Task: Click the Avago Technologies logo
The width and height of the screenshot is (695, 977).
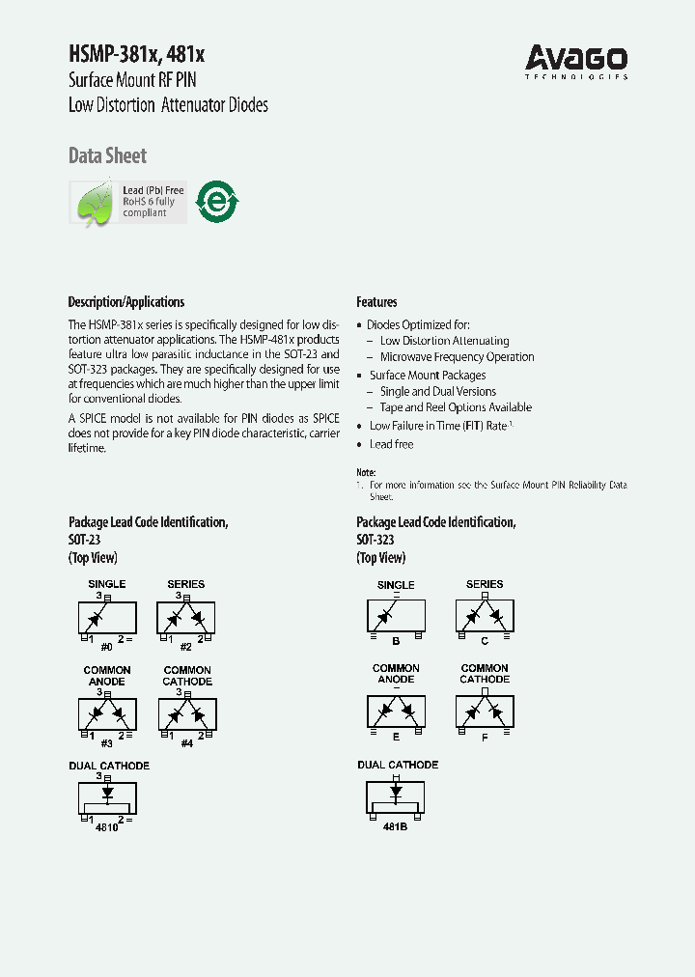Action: pyautogui.click(x=576, y=62)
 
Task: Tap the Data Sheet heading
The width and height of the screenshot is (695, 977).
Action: pyautogui.click(x=107, y=155)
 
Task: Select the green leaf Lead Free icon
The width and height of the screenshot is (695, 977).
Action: pyautogui.click(x=94, y=203)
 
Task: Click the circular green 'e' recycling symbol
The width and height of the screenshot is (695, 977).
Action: pyautogui.click(x=217, y=202)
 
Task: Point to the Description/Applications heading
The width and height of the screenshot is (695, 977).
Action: pyautogui.click(x=125, y=302)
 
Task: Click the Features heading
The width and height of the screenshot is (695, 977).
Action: pyautogui.click(x=376, y=302)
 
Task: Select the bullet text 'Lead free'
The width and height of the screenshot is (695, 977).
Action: pyautogui.click(x=391, y=444)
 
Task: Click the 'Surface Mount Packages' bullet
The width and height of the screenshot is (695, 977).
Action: pyautogui.click(x=428, y=375)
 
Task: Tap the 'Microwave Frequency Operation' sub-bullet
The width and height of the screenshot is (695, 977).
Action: pyautogui.click(x=457, y=357)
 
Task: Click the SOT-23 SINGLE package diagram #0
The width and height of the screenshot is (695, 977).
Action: pyautogui.click(x=106, y=617)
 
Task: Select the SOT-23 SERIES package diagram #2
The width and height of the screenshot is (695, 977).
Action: pyautogui.click(x=186, y=617)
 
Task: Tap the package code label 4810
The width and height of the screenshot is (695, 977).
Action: pyautogui.click(x=106, y=828)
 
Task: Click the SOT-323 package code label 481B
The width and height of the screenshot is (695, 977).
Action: pyautogui.click(x=396, y=827)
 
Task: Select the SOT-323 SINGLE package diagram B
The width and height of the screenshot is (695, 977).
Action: pyautogui.click(x=396, y=616)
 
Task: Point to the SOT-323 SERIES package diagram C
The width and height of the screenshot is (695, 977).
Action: pyautogui.click(x=485, y=615)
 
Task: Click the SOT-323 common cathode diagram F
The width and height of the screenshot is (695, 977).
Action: pyautogui.click(x=485, y=712)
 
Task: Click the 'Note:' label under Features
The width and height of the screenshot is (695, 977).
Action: pyautogui.click(x=366, y=471)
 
